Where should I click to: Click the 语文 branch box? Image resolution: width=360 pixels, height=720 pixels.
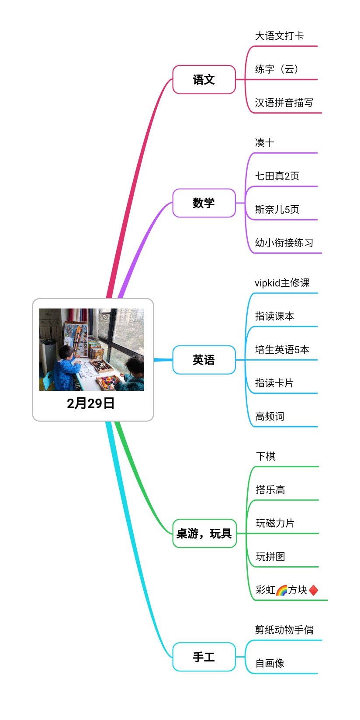point(204,79)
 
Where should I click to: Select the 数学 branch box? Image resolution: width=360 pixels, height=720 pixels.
point(204,203)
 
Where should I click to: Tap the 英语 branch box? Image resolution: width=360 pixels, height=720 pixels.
point(204,360)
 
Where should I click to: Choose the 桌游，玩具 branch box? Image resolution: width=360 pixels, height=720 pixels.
point(204,533)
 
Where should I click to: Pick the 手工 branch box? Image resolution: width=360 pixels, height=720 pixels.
point(204,657)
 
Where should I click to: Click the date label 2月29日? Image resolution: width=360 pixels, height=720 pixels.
point(91,403)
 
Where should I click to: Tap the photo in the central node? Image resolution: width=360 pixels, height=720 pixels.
point(92,349)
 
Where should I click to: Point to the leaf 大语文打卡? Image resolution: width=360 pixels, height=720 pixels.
point(279,36)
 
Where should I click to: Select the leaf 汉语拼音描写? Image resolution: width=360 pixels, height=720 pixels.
point(284,103)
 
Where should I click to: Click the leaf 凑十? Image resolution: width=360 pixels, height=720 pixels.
point(264,142)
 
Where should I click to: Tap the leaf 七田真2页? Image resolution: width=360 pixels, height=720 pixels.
point(277,176)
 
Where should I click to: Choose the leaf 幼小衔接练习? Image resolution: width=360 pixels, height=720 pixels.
point(284,243)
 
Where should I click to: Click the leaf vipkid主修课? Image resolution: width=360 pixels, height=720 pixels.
point(282,282)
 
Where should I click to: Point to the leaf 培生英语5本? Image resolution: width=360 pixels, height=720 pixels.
point(282,349)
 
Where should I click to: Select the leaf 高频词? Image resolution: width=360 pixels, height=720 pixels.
point(270,416)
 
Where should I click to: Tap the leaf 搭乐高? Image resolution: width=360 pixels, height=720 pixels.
point(270,489)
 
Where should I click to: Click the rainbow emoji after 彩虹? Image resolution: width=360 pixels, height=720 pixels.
point(281,590)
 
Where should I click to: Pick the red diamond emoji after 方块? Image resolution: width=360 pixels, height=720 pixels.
point(313,590)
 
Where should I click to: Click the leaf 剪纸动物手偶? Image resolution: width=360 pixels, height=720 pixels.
point(284,630)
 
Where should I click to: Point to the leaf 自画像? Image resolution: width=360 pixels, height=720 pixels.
point(270,663)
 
